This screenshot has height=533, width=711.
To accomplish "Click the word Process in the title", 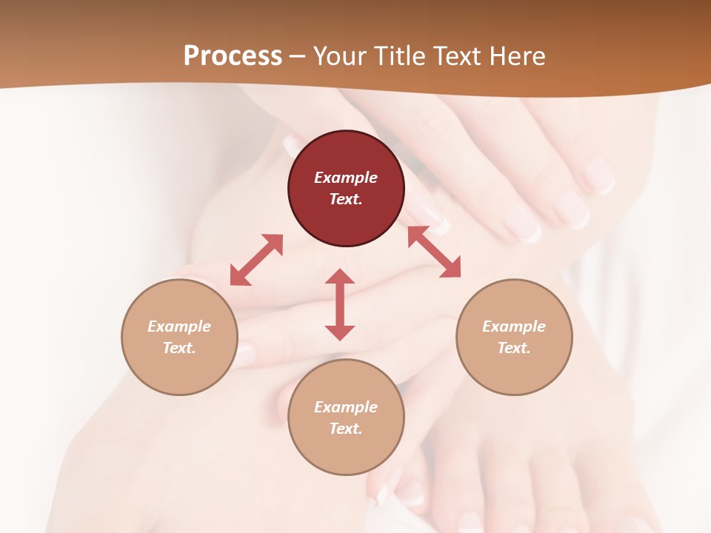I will coord(233,56).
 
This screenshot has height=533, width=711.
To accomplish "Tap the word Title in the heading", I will coord(403,56).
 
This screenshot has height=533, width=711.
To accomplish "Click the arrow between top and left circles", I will coord(256,260).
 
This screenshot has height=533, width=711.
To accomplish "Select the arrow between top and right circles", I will coord(434,252).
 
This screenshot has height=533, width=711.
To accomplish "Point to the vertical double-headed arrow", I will coord(340,304).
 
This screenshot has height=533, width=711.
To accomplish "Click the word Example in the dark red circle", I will coord(346,178).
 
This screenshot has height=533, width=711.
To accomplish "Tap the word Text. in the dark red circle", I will coord(346,199).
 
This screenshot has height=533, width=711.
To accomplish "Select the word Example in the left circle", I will coord(179,326).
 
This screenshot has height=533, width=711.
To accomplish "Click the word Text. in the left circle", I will coord(179,348).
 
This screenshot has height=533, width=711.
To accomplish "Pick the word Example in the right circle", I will coord(514,326).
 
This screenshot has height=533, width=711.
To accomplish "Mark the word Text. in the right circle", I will coord(514,348).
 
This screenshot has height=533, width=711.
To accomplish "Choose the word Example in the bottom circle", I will coord(346,407).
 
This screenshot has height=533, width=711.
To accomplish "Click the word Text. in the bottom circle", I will coord(346,429).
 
